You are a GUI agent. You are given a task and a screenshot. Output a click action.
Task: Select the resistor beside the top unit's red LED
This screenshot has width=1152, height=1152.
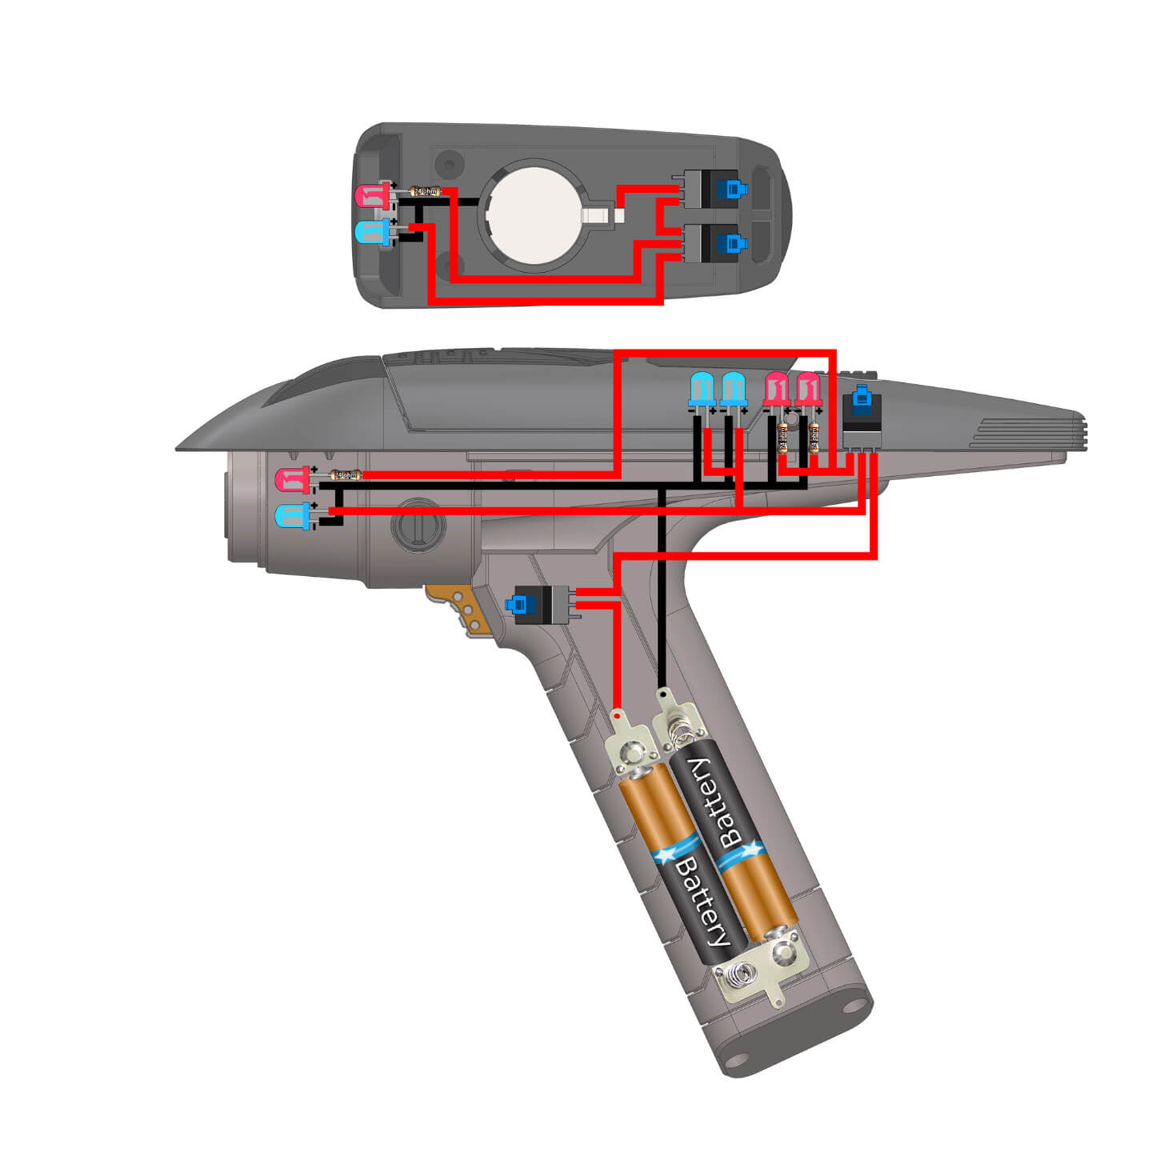click(x=425, y=191)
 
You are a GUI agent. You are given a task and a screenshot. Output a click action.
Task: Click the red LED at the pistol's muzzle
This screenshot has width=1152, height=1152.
click(x=290, y=480)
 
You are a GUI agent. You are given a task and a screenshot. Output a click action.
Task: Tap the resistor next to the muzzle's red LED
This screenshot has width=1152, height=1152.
click(x=345, y=475)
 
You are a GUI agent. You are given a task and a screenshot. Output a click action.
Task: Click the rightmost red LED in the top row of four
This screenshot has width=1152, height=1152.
click(x=809, y=390)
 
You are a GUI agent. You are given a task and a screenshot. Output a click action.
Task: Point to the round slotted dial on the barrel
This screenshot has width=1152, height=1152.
click(x=418, y=526)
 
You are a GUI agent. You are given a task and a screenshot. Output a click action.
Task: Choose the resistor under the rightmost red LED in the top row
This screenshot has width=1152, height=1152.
click(x=814, y=438)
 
